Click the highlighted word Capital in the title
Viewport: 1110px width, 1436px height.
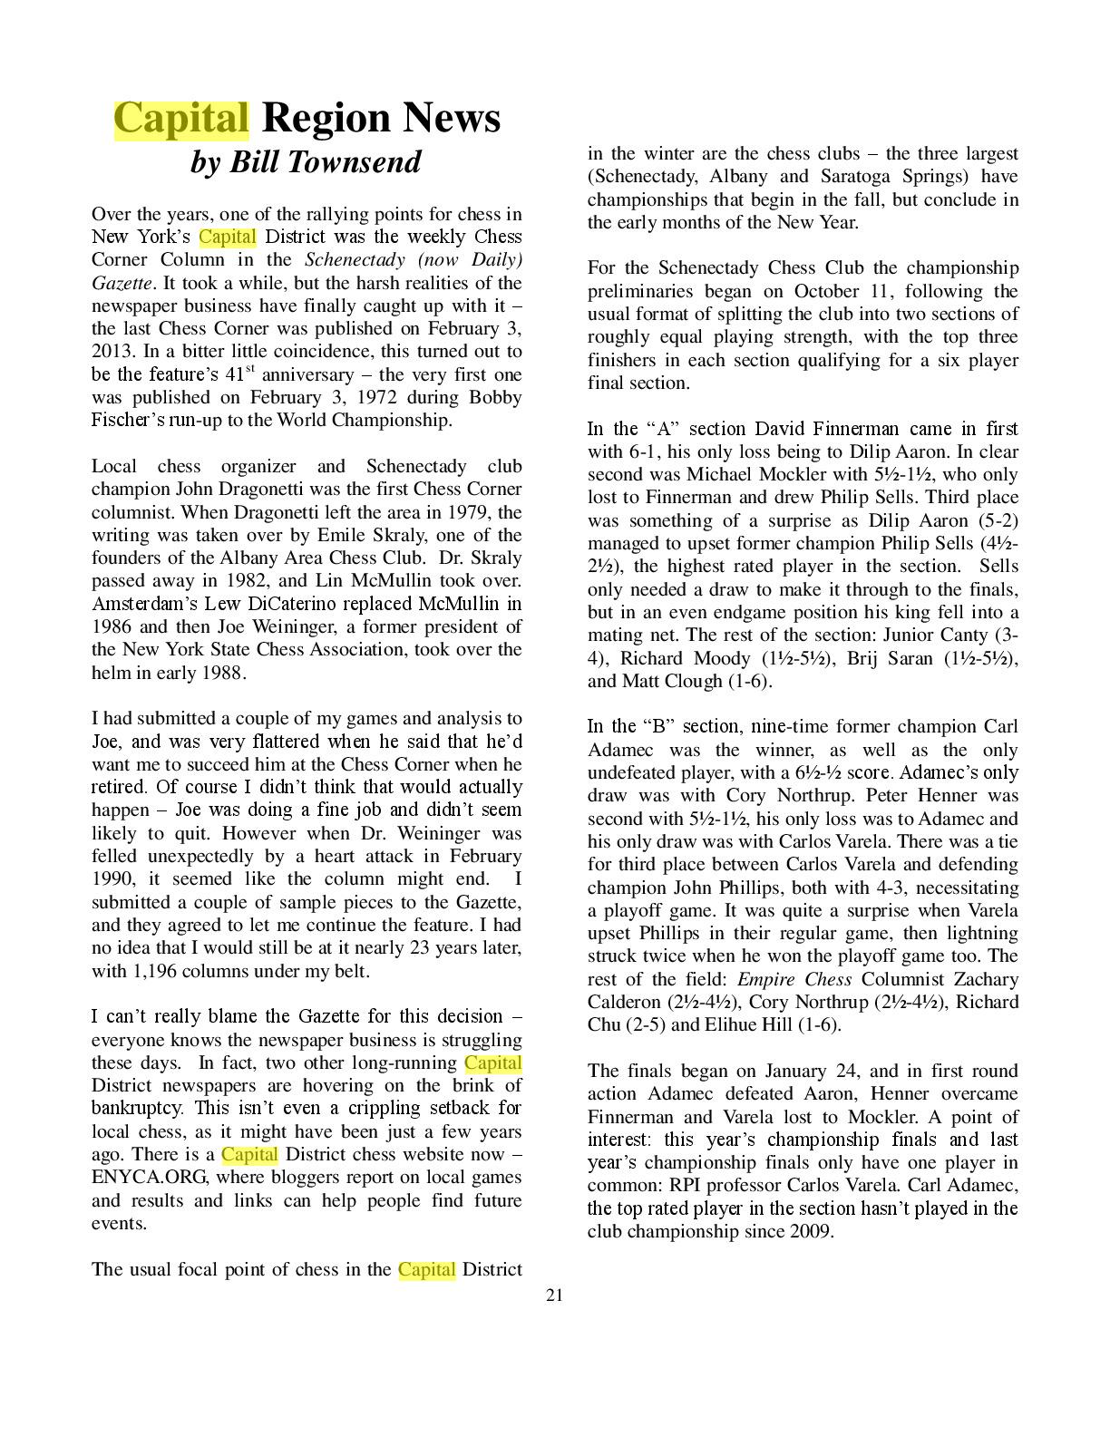pos(180,119)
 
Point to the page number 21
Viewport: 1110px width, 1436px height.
pos(554,1295)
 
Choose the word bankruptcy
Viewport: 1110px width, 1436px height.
pos(137,1108)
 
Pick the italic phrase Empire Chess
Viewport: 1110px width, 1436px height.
pos(794,979)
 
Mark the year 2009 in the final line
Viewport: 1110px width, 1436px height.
pos(808,1231)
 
